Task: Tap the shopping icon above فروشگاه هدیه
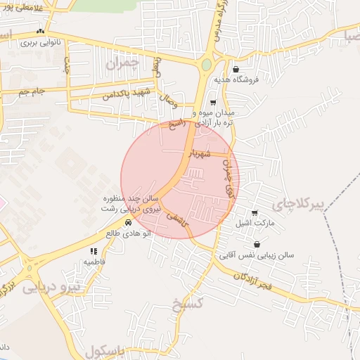235,70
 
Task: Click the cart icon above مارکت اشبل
254,213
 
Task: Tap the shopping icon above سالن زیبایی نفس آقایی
257,245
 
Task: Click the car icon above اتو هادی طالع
127,222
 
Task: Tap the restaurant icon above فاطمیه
93,251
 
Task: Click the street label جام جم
32,91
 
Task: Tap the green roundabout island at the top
206,65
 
